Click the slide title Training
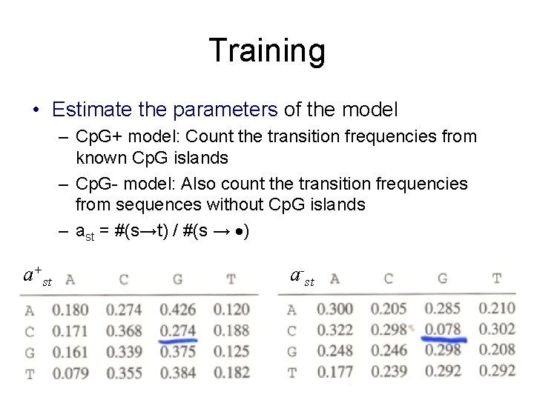click(267, 51)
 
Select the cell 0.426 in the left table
click(178, 309)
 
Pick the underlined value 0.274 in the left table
click(178, 330)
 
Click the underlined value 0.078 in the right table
click(443, 329)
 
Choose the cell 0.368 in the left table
click(124, 330)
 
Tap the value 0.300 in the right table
click(335, 308)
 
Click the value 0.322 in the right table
click(335, 329)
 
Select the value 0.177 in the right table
click(335, 371)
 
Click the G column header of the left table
click(177, 280)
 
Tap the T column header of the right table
click(496, 279)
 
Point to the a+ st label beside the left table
click(37, 277)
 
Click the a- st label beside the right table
click(302, 278)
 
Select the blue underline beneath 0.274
click(178, 341)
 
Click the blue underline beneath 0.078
click(444, 340)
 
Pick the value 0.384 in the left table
click(178, 373)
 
